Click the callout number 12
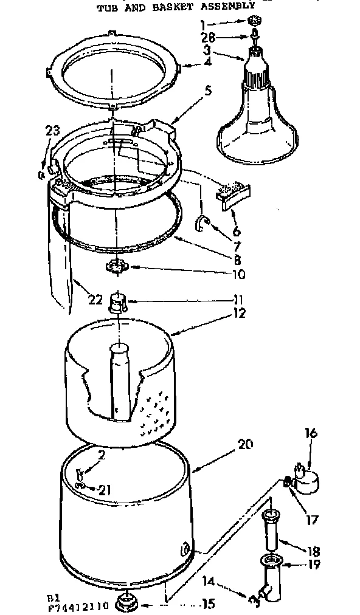(x=238, y=314)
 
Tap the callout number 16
(x=311, y=433)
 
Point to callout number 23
(x=53, y=129)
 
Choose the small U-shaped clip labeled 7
(x=201, y=223)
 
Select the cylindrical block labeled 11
(x=117, y=301)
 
